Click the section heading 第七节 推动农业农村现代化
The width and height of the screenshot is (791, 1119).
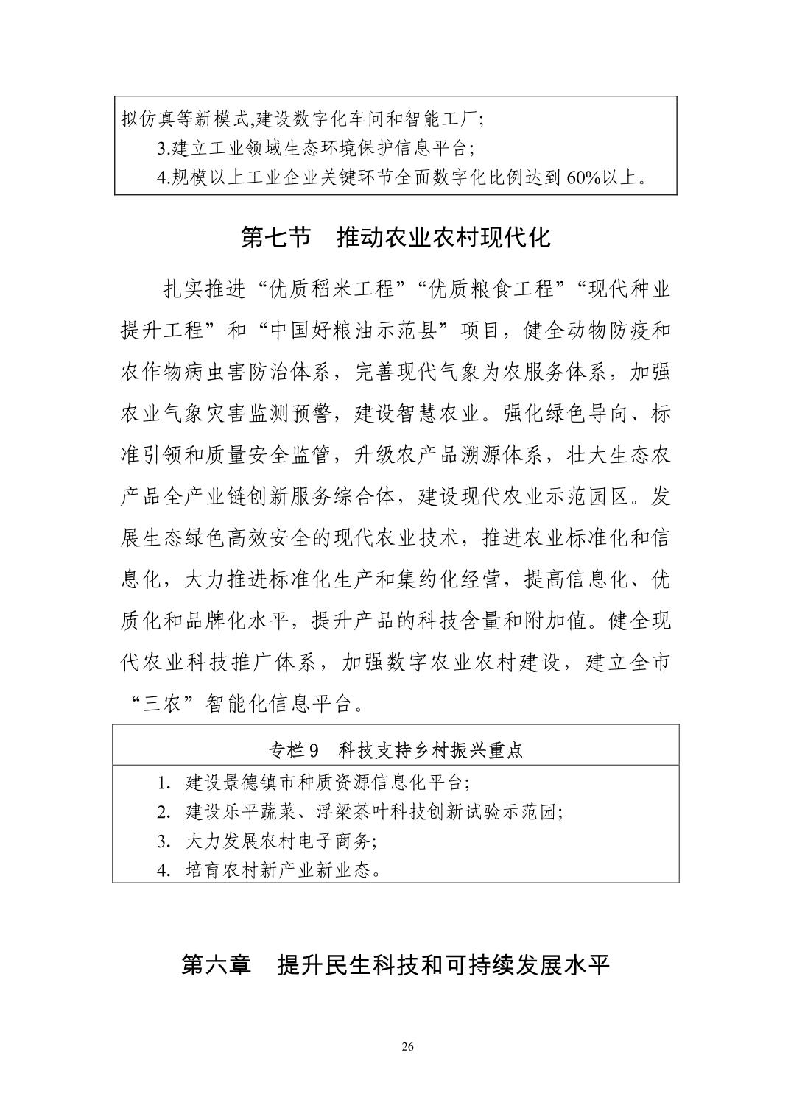(x=395, y=238)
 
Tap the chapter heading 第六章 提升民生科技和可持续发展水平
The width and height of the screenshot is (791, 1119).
(x=395, y=965)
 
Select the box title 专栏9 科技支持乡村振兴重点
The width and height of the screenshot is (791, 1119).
(x=395, y=750)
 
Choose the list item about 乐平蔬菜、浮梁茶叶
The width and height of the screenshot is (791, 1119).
(x=364, y=811)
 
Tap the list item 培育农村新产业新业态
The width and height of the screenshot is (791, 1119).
(x=280, y=870)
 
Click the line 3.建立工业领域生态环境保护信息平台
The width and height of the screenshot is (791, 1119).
(x=316, y=148)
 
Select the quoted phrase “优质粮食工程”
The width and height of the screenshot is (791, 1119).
(x=488, y=289)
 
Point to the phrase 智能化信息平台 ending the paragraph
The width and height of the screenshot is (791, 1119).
(x=278, y=705)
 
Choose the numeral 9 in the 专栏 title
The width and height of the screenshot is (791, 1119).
(x=313, y=751)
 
